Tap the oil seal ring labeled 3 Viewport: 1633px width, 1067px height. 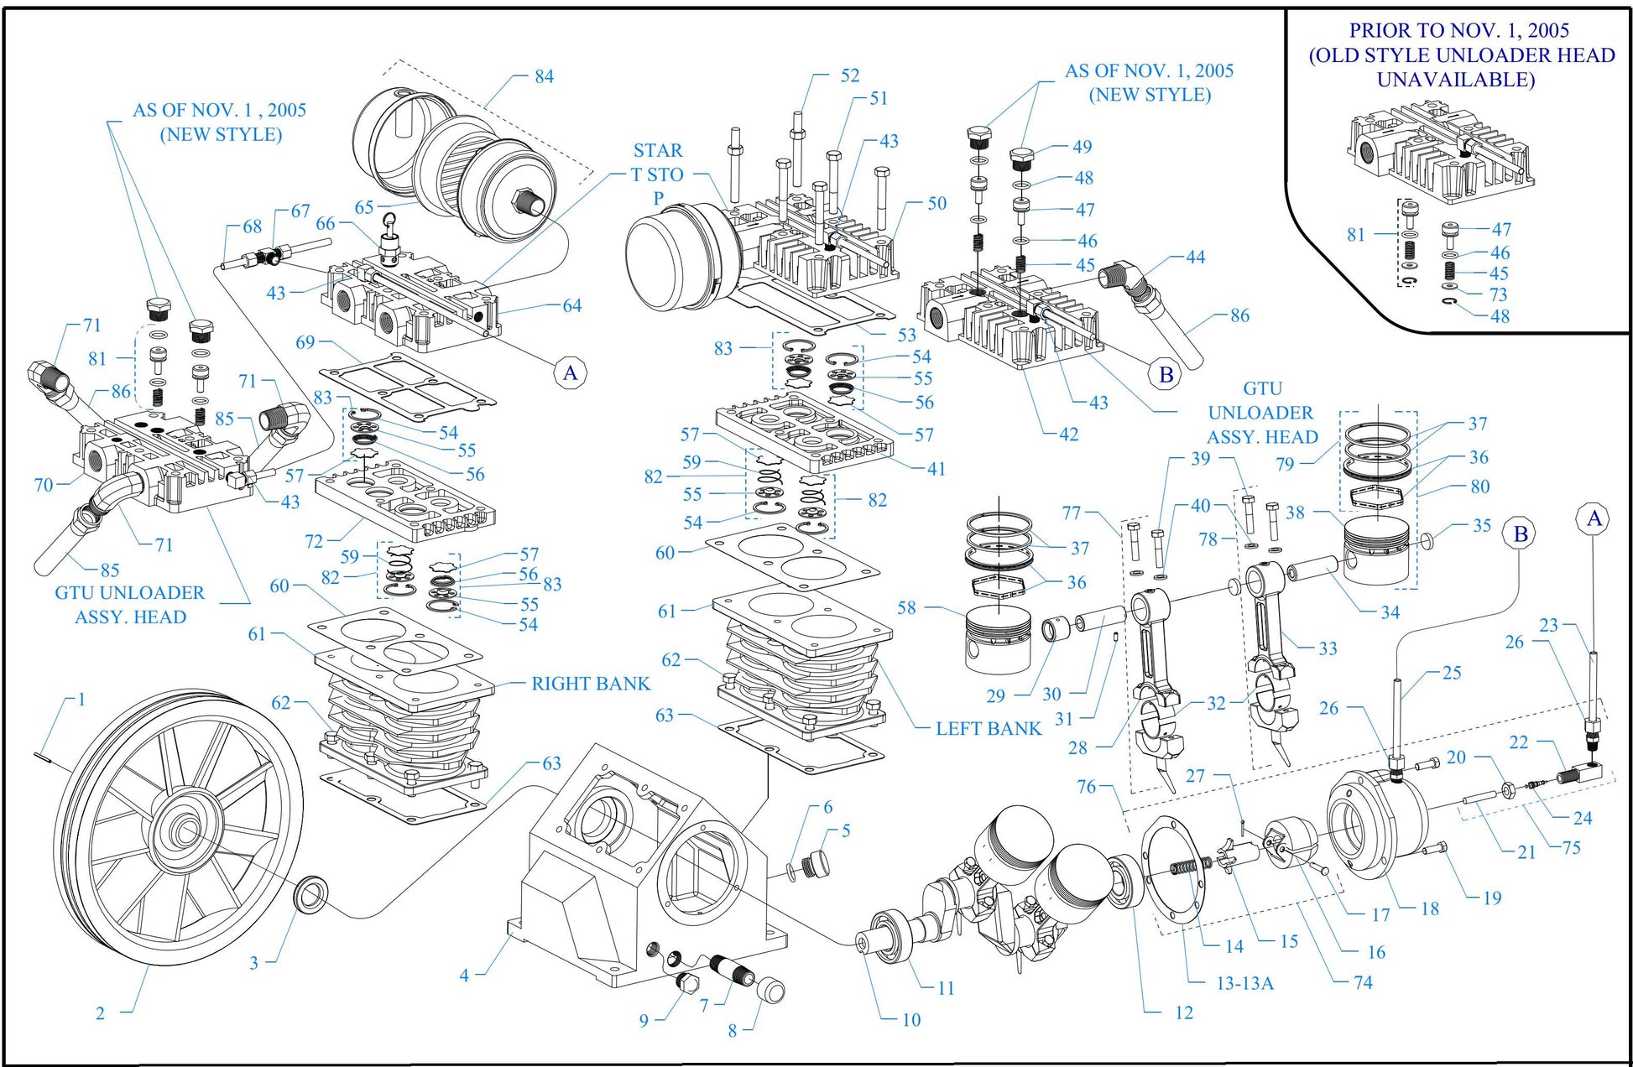310,893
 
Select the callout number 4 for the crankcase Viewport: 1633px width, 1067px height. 464,975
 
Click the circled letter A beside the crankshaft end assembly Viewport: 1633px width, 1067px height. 1594,519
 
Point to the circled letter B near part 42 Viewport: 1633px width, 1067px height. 1166,375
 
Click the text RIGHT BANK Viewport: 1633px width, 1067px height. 591,684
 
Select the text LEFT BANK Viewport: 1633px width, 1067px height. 988,729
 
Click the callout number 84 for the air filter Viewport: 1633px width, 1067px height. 544,76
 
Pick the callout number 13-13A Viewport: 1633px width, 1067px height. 1244,983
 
